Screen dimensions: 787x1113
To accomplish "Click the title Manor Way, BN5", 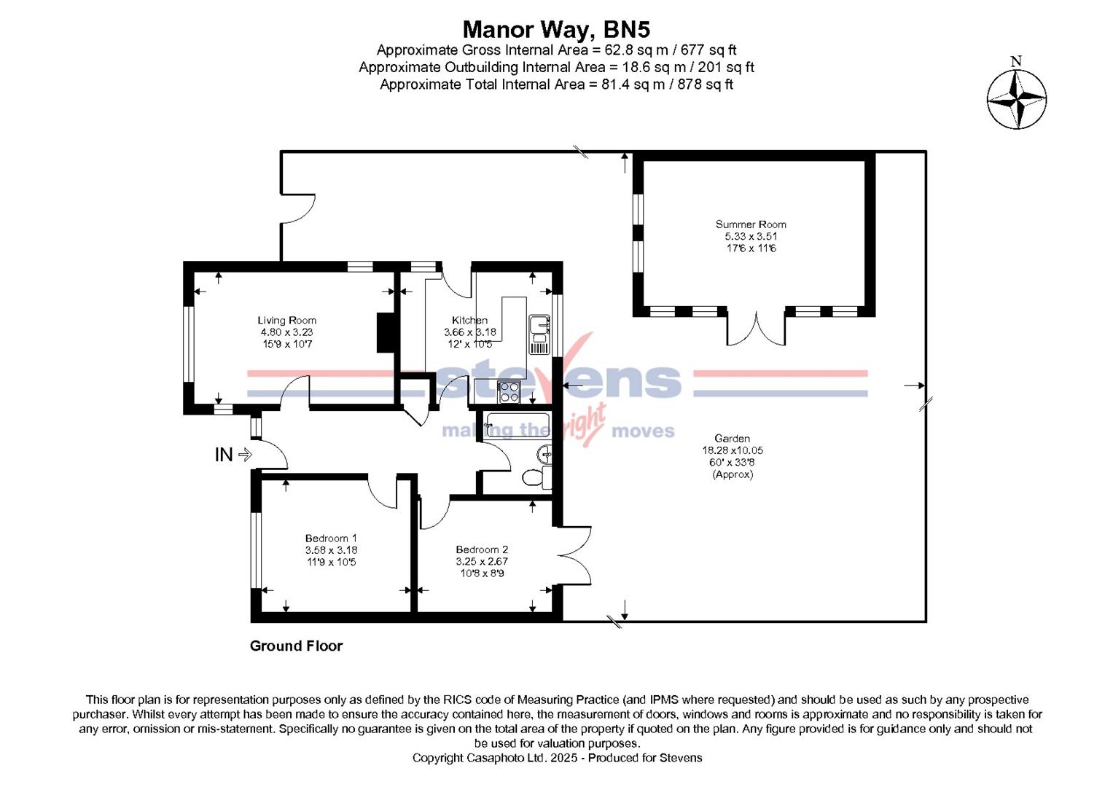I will pyautogui.click(x=556, y=29).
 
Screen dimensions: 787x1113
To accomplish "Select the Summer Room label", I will pyautogui.click(x=750, y=224).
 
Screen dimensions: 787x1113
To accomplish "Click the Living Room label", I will pyautogui.click(x=286, y=320).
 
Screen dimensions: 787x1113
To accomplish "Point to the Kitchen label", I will pyautogui.click(x=469, y=320).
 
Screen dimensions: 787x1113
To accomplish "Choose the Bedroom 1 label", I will pyautogui.click(x=331, y=539).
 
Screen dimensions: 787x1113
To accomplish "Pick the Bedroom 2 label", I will pyautogui.click(x=482, y=549).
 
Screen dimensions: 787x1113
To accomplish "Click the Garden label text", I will pyautogui.click(x=732, y=439).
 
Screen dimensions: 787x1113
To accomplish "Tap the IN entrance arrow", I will pyautogui.click(x=244, y=455).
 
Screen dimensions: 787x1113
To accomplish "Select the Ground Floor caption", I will pyautogui.click(x=296, y=646).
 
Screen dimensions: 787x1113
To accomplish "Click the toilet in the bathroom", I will pyautogui.click(x=536, y=478).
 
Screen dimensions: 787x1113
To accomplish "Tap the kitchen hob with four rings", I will pyautogui.click(x=508, y=392).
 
